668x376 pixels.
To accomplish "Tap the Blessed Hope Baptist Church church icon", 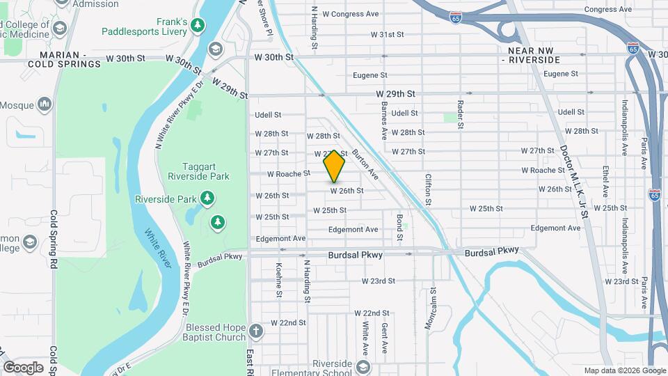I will pyautogui.click(x=255, y=329).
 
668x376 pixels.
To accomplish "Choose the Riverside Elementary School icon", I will pyautogui.click(x=363, y=366).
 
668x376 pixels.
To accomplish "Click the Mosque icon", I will pyautogui.click(x=45, y=105).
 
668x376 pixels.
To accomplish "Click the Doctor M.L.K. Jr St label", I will pyautogui.click(x=575, y=182).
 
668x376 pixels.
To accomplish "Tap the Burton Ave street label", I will pyautogui.click(x=365, y=164).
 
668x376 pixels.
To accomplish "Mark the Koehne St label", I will pyautogui.click(x=278, y=279).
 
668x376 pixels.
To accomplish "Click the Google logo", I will pyautogui.click(x=23, y=367).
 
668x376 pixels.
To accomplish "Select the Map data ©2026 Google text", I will pyautogui.click(x=623, y=370).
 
